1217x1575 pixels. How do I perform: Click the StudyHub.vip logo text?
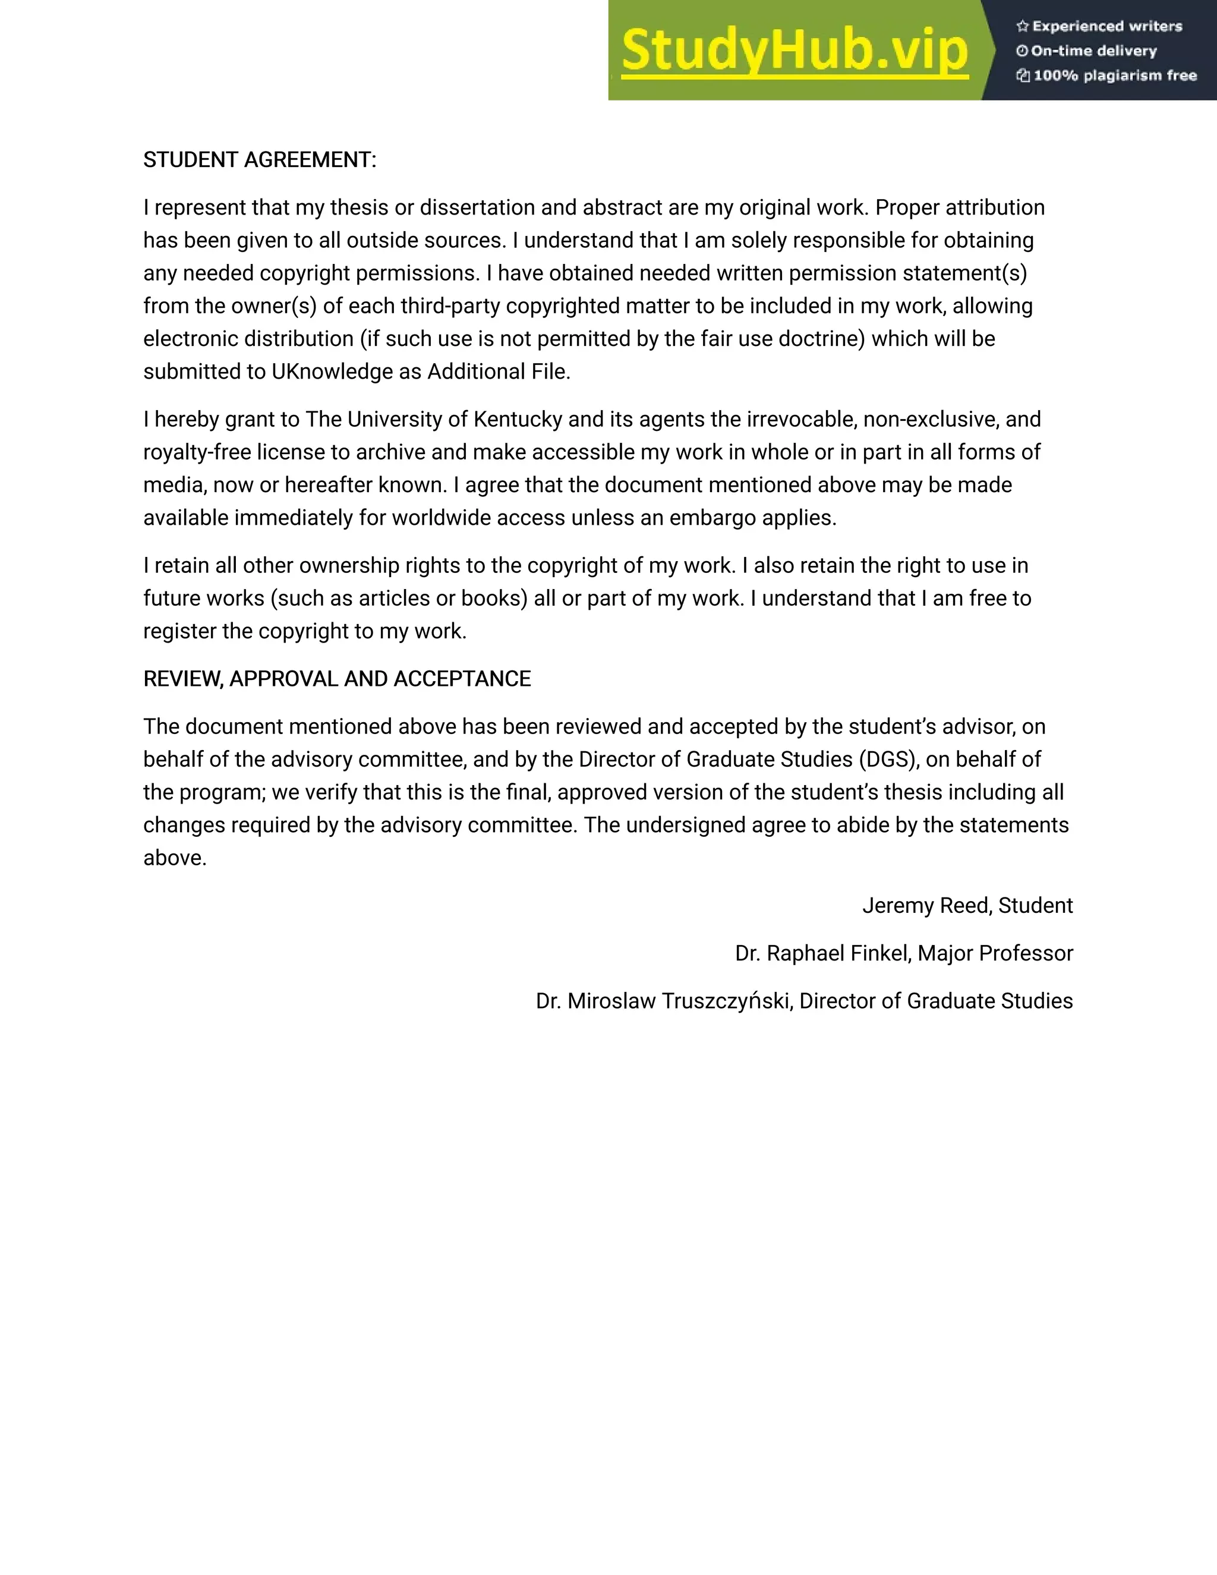tap(794, 51)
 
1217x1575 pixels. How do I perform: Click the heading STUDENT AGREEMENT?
tap(260, 160)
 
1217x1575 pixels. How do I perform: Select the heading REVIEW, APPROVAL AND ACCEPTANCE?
tap(337, 679)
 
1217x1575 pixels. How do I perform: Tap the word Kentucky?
tap(517, 419)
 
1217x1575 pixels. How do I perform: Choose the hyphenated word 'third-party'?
tap(450, 305)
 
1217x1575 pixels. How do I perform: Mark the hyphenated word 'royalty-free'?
tap(197, 452)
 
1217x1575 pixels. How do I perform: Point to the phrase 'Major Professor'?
tap(995, 953)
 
